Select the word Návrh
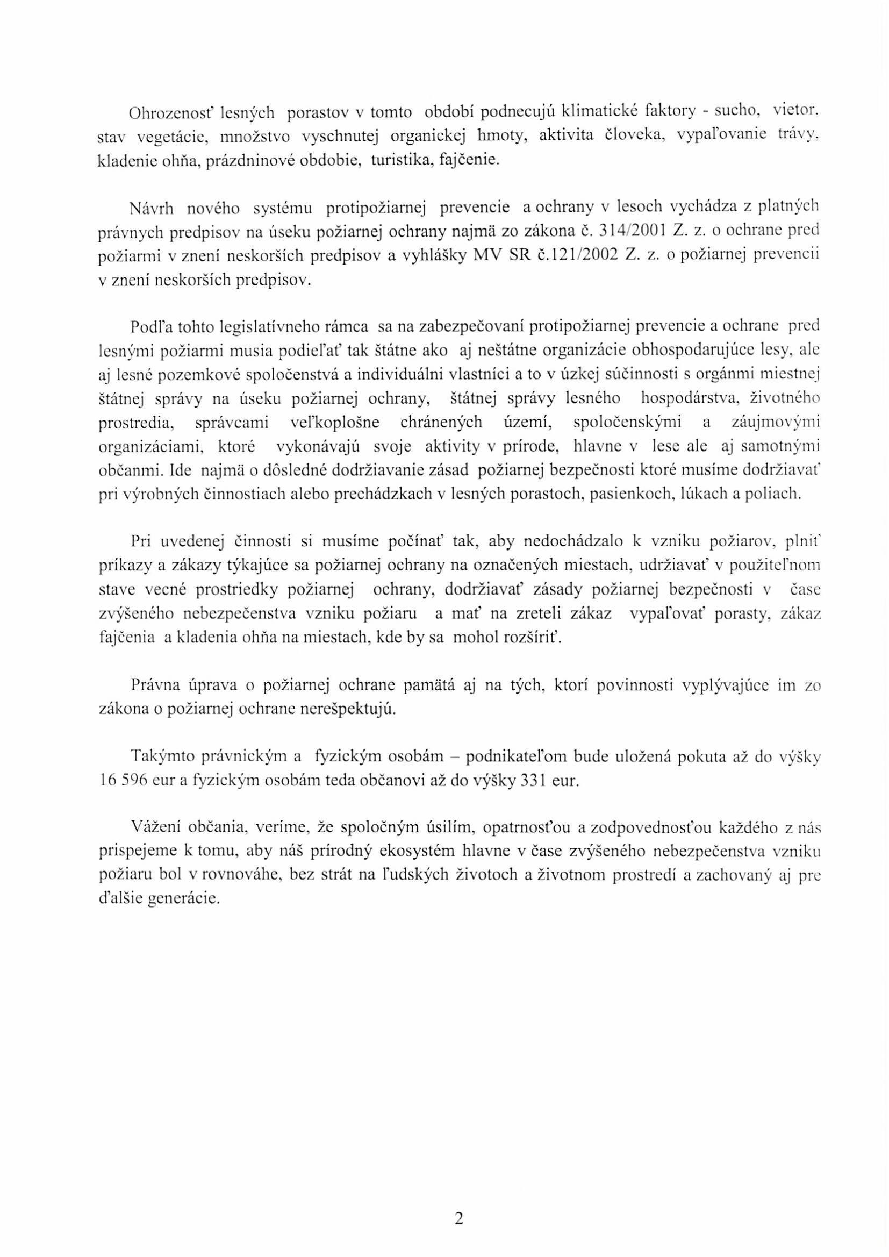tap(150, 208)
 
